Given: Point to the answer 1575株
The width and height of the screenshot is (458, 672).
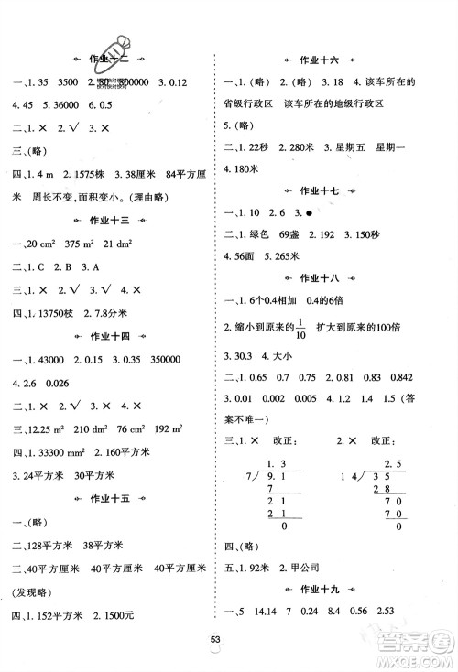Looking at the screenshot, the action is tap(88, 174).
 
